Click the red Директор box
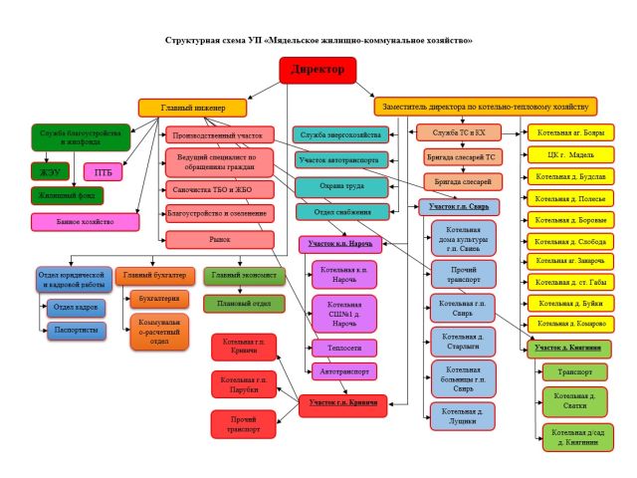coord(318,71)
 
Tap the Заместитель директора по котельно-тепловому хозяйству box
coord(486,106)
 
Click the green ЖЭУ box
coord(51,171)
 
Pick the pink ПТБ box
coord(104,171)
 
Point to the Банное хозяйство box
coord(85,222)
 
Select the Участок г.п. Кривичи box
coord(342,405)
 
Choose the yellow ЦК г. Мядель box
coord(568,154)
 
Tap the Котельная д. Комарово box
coord(568,325)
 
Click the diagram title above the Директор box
coord(318,41)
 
